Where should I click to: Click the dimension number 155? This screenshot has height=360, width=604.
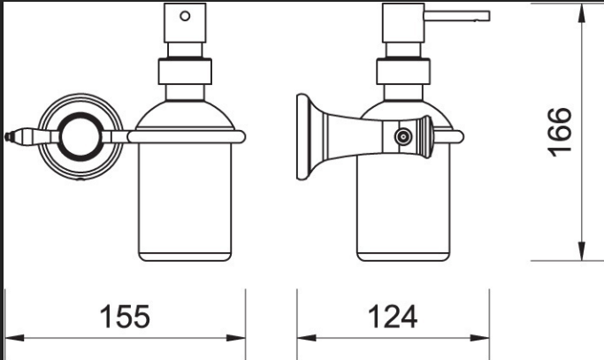[125, 317]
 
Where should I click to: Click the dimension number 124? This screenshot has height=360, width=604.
[393, 317]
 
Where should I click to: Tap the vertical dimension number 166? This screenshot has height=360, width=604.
[560, 132]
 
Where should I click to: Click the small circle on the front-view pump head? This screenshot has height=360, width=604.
[185, 16]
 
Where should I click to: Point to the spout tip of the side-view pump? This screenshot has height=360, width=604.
[487, 16]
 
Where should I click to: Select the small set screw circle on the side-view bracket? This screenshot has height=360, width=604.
[403, 136]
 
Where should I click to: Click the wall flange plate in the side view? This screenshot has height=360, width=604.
[302, 137]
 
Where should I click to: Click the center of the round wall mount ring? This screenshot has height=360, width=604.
[80, 137]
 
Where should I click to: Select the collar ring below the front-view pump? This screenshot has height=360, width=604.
[185, 71]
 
